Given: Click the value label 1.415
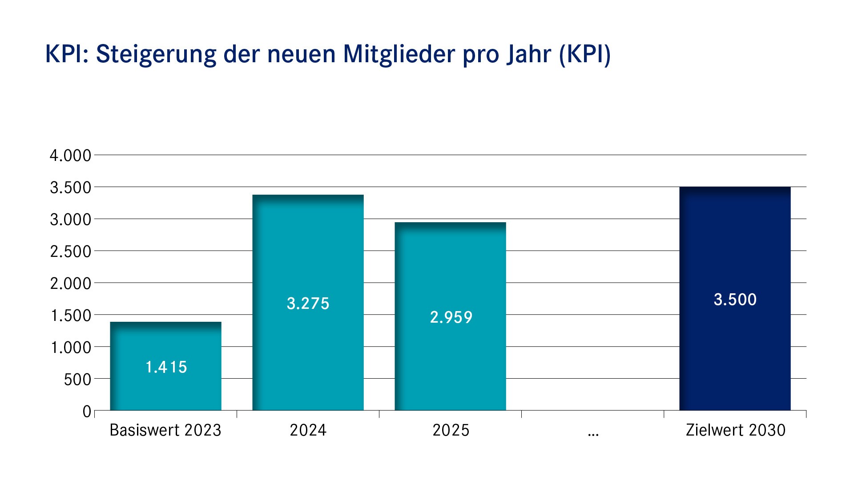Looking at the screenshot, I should coord(166,367).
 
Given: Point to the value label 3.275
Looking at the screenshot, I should coord(308,304).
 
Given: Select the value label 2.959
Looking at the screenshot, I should coord(451,317).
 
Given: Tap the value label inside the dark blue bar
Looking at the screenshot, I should coord(735,300).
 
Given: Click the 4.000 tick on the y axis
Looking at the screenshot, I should coord(70,156).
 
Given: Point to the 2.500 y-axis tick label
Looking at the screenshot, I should coord(70,252).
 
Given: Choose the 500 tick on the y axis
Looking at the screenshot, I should coord(77,380).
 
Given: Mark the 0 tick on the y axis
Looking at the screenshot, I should coord(87,412).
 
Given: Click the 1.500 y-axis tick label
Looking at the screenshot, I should coord(70,316).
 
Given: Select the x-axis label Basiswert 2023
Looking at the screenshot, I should coord(165,430).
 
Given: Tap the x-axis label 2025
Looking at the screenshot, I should coord(451,430).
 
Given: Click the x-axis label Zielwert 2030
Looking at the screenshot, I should coord(735,430).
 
